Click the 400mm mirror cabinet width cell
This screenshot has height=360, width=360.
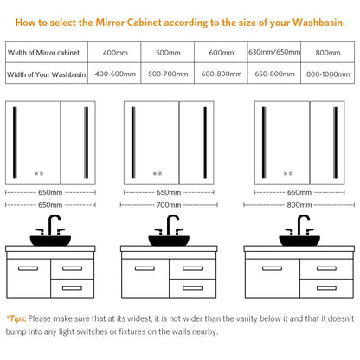coord(115,53)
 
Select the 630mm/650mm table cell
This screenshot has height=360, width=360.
coord(274,52)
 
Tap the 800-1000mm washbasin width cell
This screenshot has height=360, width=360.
coord(328,74)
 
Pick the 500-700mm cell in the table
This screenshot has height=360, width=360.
coord(168,74)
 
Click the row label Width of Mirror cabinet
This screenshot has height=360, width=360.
coord(43,53)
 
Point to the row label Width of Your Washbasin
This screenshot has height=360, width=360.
coord(47,74)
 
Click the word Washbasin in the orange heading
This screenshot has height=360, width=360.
coord(318,22)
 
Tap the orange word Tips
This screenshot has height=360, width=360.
coord(17,318)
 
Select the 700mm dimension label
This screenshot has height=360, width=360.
coord(169,205)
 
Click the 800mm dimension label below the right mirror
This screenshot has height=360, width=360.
coord(299,205)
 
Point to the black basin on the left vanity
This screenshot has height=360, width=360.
coord(50,241)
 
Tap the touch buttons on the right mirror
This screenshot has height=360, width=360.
coord(288,173)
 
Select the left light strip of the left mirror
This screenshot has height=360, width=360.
coord(15,143)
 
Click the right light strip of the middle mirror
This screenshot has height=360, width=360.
coord(204,143)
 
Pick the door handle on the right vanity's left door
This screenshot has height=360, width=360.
coord(272,268)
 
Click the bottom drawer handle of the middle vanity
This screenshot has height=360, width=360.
coord(192,288)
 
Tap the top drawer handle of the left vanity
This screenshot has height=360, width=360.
coord(72,268)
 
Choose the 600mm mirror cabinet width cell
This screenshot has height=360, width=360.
coord(221,53)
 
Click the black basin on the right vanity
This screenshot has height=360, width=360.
coord(299,241)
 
